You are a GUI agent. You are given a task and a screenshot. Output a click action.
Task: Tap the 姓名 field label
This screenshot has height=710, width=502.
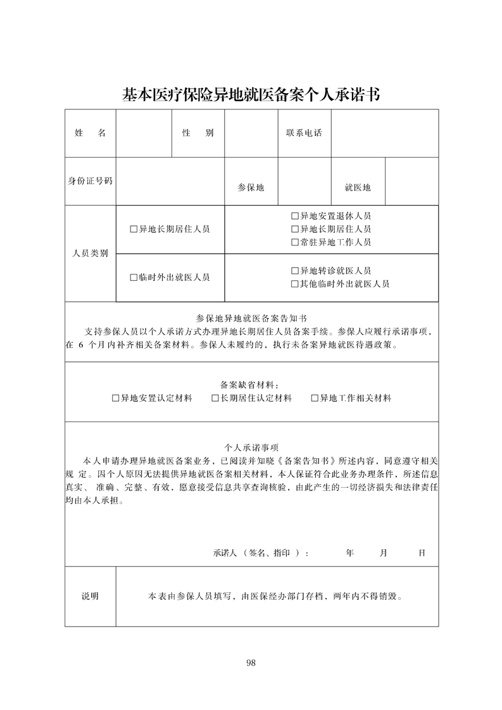click(90, 134)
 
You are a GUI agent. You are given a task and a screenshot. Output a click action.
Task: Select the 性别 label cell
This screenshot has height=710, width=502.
click(198, 134)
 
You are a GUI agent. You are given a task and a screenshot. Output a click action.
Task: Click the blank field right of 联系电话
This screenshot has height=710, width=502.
click(385, 134)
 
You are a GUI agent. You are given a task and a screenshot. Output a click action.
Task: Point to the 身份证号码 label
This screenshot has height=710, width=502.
click(90, 181)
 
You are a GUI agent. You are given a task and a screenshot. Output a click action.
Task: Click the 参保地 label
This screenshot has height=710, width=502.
click(251, 188)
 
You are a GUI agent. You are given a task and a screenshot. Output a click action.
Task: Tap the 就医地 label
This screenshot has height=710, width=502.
click(358, 188)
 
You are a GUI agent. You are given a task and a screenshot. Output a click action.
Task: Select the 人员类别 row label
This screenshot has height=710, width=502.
click(90, 253)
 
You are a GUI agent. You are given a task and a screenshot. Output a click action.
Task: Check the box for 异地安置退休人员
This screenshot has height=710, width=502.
click(295, 216)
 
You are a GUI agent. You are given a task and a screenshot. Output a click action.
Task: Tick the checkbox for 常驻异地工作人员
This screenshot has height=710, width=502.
click(295, 242)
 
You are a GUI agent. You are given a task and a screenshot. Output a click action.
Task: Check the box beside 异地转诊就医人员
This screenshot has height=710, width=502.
click(295, 271)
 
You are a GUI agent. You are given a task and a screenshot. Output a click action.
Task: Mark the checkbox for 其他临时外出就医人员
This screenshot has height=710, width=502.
click(295, 284)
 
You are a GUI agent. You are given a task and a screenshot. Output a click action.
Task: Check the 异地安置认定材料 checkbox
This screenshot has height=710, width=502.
click(116, 399)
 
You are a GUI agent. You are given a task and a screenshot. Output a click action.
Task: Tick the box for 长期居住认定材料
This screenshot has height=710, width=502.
click(215, 399)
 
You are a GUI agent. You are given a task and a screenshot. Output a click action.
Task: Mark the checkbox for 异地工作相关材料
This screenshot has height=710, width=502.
click(315, 399)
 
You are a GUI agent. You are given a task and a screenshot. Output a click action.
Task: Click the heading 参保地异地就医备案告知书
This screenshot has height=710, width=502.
click(251, 319)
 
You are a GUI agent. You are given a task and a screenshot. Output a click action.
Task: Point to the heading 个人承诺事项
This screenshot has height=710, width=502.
click(251, 447)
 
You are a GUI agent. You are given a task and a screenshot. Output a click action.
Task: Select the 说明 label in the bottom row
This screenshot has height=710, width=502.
click(90, 597)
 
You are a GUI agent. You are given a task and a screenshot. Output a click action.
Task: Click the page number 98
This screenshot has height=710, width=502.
click(251, 663)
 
